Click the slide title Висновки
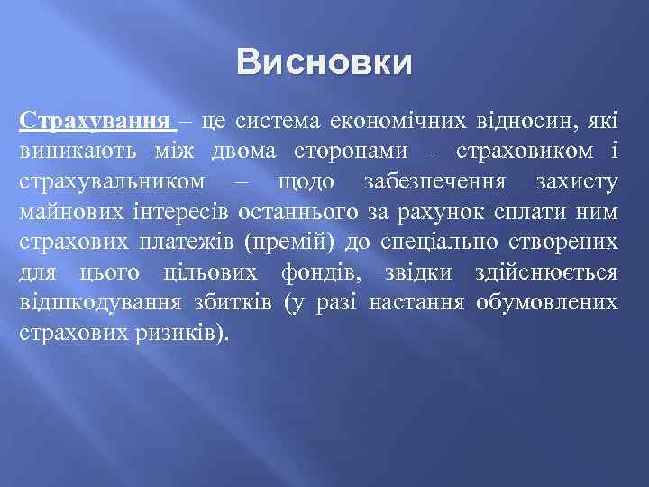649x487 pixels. coord(324,64)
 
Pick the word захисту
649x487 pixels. coord(577,182)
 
